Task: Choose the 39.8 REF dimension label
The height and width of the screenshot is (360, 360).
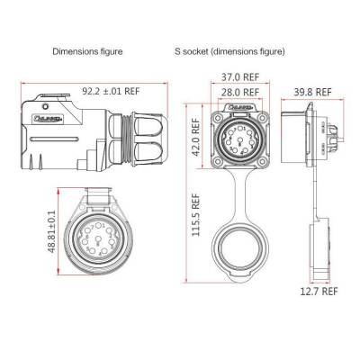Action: coord(311,92)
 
